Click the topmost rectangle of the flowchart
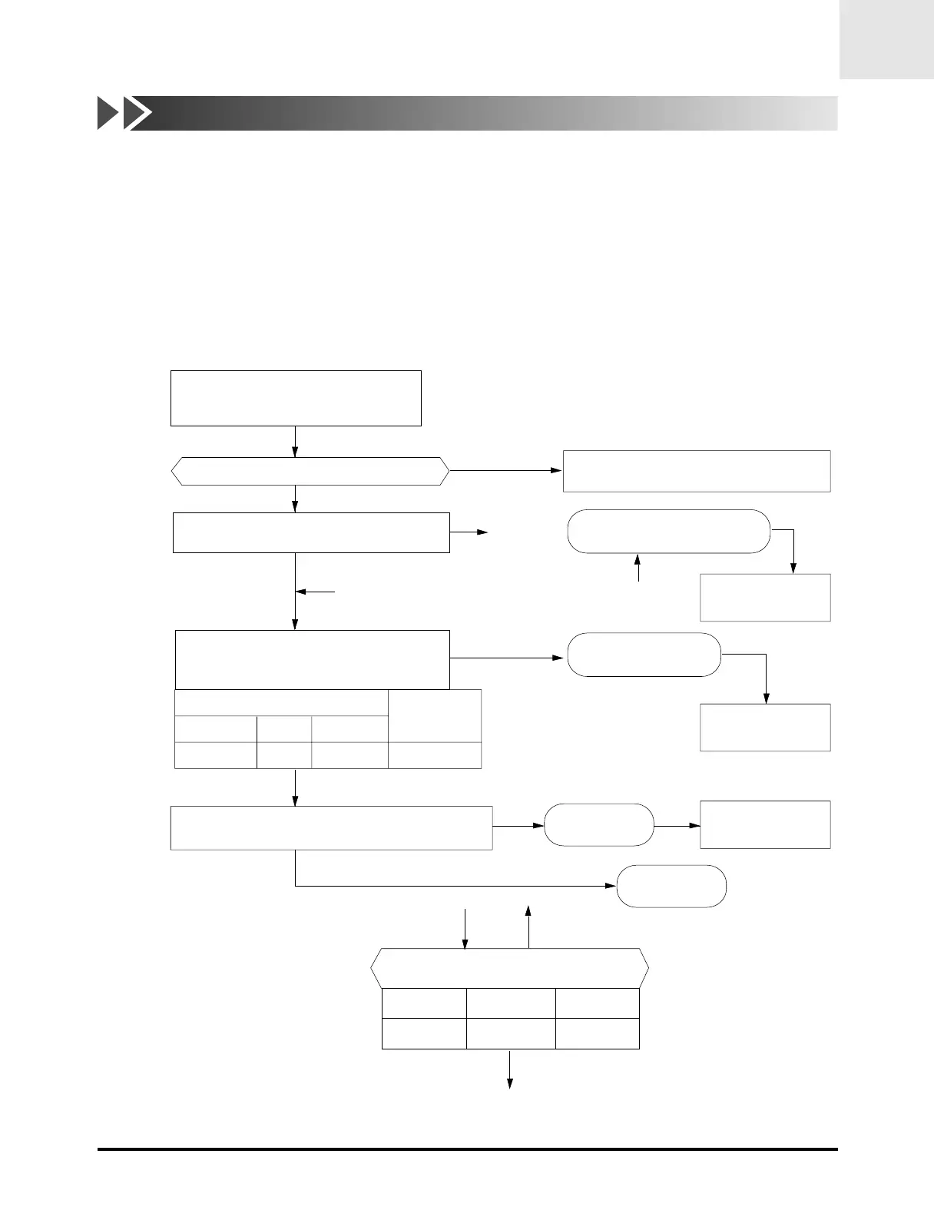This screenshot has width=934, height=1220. tap(296, 398)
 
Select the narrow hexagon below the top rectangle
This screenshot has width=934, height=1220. tap(310, 471)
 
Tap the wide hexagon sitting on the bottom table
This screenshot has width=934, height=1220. tap(510, 968)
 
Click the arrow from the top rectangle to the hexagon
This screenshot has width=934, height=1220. tap(296, 442)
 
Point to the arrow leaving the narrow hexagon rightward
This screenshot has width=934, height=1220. tap(505, 470)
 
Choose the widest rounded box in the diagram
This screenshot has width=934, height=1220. tap(668, 531)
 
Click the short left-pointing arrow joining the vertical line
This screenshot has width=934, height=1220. tap(316, 592)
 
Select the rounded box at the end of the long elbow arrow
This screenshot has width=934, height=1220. tap(671, 886)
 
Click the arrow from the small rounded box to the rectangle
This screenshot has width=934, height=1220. tap(677, 826)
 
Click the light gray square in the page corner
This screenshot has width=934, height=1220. tap(886, 39)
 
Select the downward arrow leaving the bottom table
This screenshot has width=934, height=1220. tap(509, 1069)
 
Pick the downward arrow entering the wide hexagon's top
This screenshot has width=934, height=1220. tap(465, 929)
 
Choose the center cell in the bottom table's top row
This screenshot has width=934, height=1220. tap(511, 1003)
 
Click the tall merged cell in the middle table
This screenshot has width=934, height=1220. tap(435, 715)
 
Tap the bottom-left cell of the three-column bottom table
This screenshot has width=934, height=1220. tap(424, 1033)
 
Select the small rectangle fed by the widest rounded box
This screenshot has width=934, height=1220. tap(765, 597)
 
